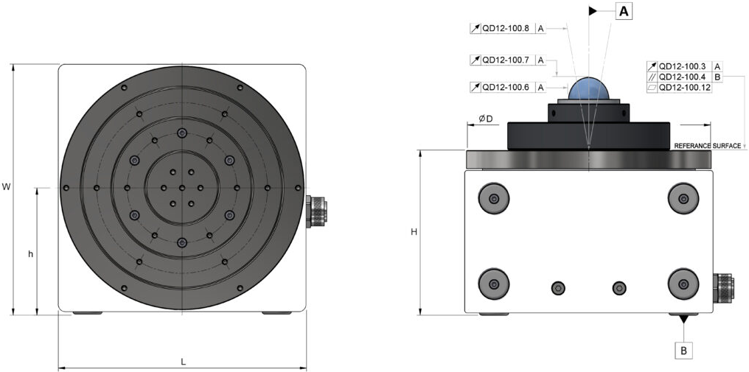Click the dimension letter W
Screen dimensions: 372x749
(6, 187)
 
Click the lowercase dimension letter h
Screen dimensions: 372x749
(30, 254)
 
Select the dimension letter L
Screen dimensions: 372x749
(183, 361)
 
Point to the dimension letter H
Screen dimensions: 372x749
(414, 232)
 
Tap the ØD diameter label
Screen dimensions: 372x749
(485, 119)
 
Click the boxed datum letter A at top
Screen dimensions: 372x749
(623, 11)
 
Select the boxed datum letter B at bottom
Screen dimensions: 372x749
(684, 350)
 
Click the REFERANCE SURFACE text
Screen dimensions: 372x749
(707, 147)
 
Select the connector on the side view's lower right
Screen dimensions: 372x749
(723, 287)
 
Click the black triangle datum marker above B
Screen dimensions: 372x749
(684, 319)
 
